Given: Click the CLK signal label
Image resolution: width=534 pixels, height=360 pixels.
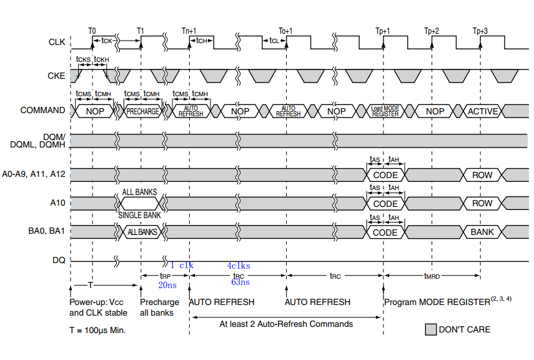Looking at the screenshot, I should click(56, 43).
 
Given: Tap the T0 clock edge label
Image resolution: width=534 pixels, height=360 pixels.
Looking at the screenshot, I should click(92, 31).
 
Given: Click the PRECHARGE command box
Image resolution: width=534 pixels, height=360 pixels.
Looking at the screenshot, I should click(142, 111).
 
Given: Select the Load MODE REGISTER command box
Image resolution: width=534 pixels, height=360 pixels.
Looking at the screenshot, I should click(385, 111).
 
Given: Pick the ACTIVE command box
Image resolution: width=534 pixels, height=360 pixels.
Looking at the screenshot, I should click(483, 111).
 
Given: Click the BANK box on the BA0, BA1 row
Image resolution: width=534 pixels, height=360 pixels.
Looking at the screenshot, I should click(482, 232).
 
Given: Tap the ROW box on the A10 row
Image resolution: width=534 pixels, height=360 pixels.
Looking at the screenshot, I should click(482, 203).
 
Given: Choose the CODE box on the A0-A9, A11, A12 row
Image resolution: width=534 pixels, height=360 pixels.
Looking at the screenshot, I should click(385, 175).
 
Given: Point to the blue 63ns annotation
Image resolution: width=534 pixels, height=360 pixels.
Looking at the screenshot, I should click(240, 282).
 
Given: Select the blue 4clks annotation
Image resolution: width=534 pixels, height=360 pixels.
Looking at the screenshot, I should click(239, 266).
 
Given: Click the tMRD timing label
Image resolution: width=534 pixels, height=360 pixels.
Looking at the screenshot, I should click(432, 275).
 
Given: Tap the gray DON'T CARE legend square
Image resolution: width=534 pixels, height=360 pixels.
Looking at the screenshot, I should click(430, 329).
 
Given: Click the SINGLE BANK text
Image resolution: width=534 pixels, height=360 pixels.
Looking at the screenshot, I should click(139, 216).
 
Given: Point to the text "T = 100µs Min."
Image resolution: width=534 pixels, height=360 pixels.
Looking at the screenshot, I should click(97, 329).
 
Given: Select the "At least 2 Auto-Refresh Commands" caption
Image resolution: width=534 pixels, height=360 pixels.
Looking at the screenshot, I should click(286, 324).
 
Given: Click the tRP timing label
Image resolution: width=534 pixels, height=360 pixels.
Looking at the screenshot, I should click(165, 275).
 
